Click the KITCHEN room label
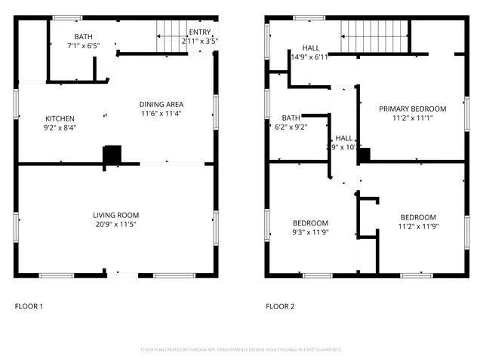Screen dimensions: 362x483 tap(60, 118)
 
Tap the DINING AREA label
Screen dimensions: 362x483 tap(161, 104)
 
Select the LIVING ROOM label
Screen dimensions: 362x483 tap(116, 215)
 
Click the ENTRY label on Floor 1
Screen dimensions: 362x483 tap(200, 32)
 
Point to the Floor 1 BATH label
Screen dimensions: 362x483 tap(83, 37)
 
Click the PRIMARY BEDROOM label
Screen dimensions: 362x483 tap(412, 109)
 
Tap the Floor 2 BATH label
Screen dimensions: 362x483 tap(291, 118)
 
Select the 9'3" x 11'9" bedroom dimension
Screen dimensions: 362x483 tap(310, 232)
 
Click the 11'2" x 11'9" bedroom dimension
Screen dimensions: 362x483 tap(418, 226)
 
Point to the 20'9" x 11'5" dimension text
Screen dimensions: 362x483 tap(116, 224)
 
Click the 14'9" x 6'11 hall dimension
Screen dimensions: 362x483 tap(309, 57)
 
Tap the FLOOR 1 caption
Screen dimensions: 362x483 tap(29, 306)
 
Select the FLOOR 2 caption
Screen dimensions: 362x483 tap(280, 306)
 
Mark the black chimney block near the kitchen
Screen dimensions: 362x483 tap(112, 154)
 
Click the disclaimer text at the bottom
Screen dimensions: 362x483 tap(241, 350)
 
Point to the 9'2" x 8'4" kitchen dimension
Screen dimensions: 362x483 tap(60, 127)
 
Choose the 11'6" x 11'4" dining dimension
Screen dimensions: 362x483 tap(161, 113)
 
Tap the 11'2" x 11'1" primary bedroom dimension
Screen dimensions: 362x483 tap(412, 118)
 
